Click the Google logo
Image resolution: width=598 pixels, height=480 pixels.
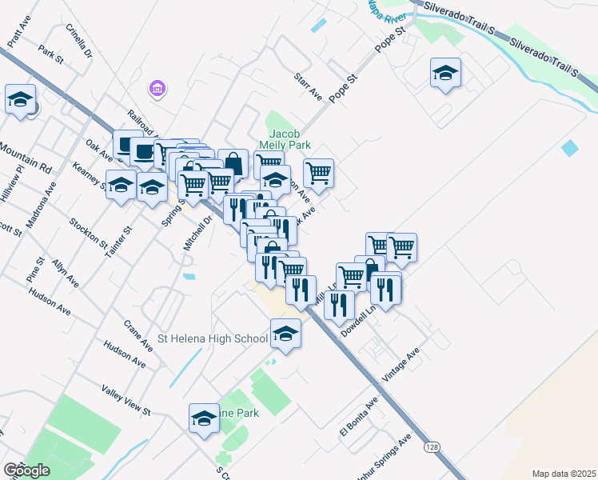click(x=26, y=470)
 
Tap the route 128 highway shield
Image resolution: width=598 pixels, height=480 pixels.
click(x=431, y=446)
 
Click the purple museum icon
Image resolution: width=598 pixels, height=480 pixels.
click(x=157, y=87)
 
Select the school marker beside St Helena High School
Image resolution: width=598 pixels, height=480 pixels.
click(x=285, y=334)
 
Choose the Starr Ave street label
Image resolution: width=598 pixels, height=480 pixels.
click(x=308, y=86)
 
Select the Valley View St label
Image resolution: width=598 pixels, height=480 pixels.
click(x=126, y=400)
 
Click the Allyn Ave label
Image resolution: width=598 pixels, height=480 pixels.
click(x=66, y=273)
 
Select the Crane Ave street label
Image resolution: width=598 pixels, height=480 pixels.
click(x=138, y=336)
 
